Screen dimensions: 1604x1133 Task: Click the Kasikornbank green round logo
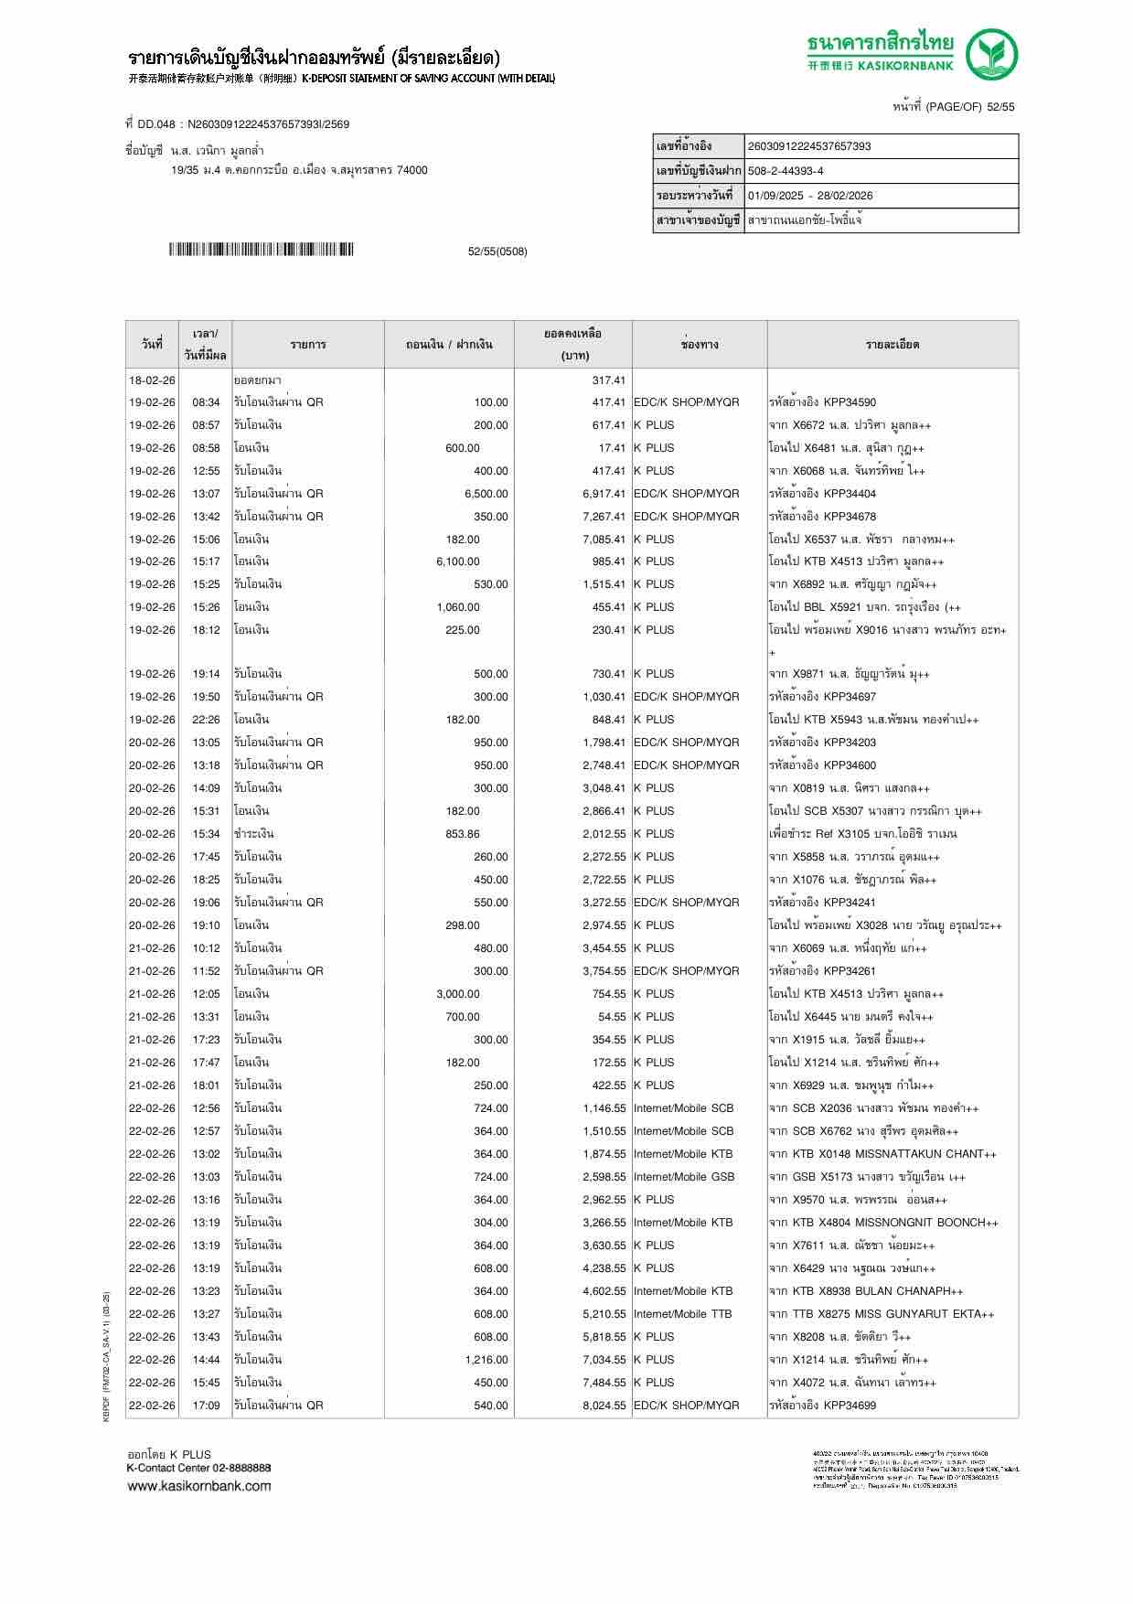(992, 54)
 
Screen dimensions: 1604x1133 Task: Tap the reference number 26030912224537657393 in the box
(809, 146)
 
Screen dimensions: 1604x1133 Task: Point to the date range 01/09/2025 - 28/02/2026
(809, 196)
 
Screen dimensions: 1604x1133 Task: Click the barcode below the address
(261, 250)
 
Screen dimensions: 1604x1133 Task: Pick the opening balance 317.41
(608, 380)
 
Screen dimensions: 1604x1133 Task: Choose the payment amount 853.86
(462, 834)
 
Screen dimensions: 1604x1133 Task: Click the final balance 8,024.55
(604, 1406)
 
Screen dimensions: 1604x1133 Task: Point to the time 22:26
(206, 720)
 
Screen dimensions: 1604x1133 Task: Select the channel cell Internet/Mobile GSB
(683, 1177)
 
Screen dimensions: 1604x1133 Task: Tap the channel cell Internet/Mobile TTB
(682, 1314)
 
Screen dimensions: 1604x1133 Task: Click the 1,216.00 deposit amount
(486, 1360)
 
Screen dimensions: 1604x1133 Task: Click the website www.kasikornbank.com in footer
(198, 1486)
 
